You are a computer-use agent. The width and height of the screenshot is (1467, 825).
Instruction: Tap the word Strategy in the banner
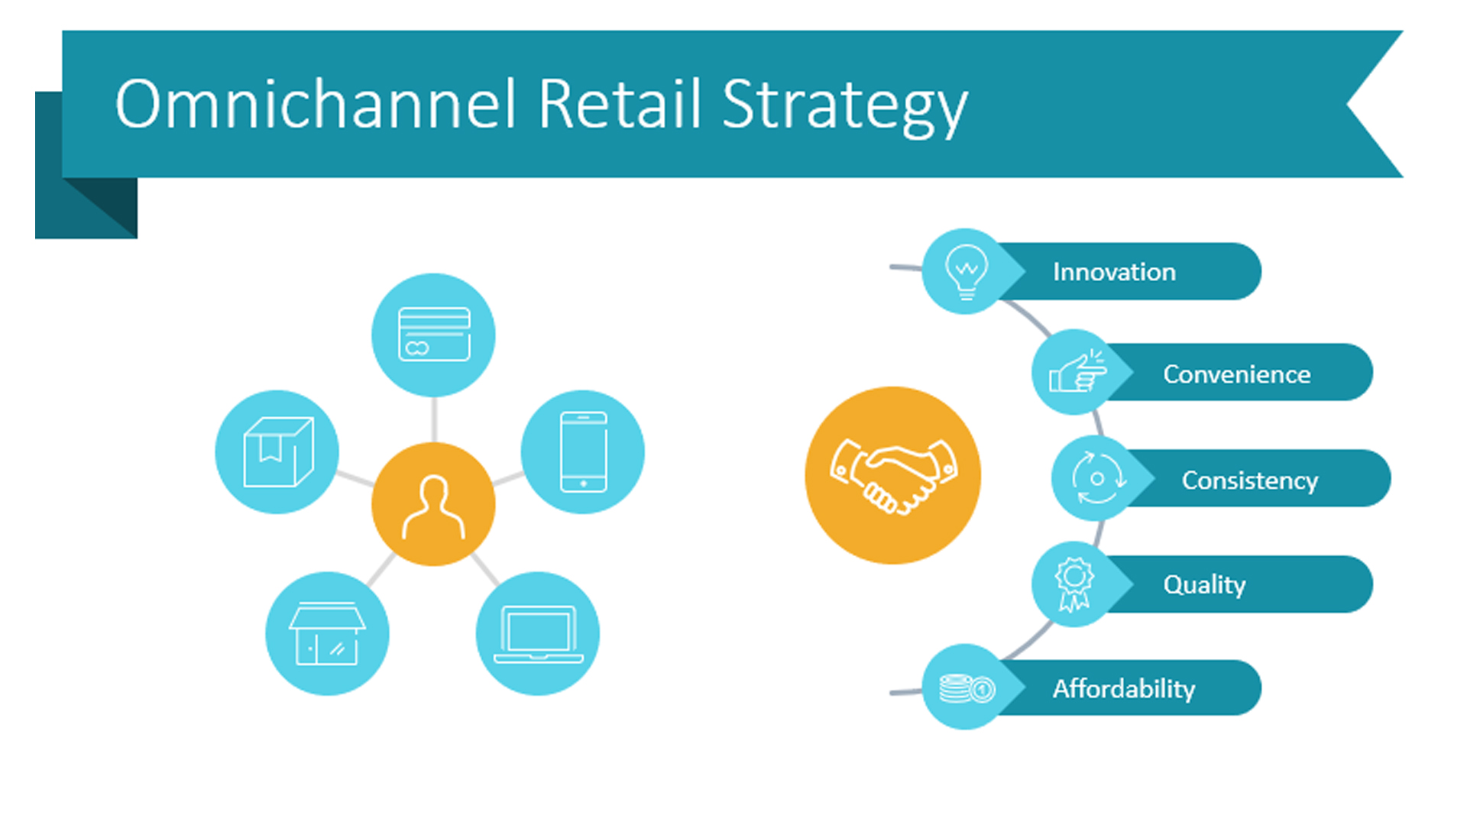coord(844,108)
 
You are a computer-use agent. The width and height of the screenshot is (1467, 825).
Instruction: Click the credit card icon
coord(434,334)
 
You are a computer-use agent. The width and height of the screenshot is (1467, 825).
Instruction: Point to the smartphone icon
coord(583,451)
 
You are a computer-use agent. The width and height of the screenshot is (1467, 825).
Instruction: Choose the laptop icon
coord(538,634)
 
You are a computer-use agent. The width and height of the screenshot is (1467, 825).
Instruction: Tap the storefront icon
coord(327,633)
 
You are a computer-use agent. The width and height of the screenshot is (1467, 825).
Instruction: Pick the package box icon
coord(278,451)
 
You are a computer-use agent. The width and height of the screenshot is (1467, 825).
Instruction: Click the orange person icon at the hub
coord(433,506)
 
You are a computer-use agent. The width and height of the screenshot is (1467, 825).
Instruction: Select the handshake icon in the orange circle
coord(893,475)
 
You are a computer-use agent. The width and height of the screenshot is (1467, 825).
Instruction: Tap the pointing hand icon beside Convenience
coord(1077,372)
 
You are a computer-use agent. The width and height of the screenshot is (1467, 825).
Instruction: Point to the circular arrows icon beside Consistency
coord(1098,479)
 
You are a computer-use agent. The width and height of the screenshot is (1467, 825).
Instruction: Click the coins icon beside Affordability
coord(967,688)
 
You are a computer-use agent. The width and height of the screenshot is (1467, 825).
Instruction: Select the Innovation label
coord(1114,272)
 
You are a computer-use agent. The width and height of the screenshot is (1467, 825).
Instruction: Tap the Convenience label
coord(1236,374)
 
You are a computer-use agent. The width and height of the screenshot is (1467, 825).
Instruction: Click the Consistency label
coord(1249,480)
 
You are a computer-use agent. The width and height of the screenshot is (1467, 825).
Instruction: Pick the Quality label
coord(1204,585)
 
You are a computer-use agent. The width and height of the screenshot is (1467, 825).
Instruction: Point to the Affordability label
coord(1123,689)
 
